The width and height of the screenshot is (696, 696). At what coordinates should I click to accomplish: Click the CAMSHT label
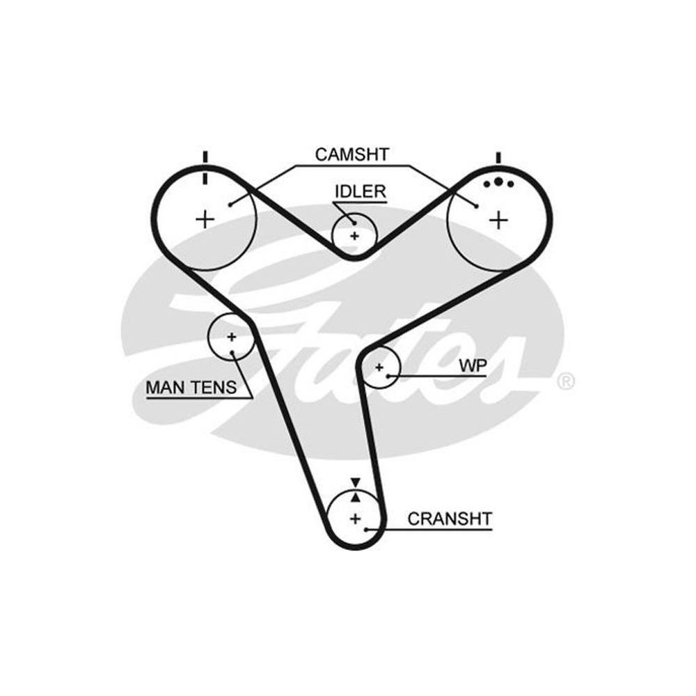[x=352, y=155]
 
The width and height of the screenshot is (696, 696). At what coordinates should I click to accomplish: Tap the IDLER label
[x=360, y=192]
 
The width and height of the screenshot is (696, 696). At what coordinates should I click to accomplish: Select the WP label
[x=473, y=366]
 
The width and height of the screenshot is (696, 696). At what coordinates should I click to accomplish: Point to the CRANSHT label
[x=450, y=519]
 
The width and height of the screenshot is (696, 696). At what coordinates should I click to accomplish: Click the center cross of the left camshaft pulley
[x=205, y=219]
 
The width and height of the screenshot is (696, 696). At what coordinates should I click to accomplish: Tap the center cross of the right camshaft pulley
[x=498, y=220]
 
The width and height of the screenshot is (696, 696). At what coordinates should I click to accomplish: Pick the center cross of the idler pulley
[x=354, y=236]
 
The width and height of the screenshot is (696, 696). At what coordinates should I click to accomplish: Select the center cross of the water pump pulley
[x=379, y=367]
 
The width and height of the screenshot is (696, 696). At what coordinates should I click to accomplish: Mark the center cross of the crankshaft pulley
[x=355, y=519]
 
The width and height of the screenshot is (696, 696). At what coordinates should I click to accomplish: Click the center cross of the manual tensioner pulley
[x=231, y=337]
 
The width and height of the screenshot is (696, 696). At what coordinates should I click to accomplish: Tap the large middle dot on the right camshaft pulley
[x=498, y=182]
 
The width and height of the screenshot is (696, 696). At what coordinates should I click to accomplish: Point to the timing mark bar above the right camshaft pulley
[x=498, y=158]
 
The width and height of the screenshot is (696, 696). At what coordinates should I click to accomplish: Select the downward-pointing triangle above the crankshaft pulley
[x=355, y=482]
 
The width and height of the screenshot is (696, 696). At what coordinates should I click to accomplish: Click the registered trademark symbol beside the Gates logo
[x=565, y=381]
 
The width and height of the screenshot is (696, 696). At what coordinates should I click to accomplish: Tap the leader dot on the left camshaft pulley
[x=230, y=205]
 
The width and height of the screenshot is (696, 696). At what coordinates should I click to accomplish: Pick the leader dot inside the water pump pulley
[x=388, y=377]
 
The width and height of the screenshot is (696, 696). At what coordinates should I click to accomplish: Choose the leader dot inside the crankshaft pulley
[x=366, y=530]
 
